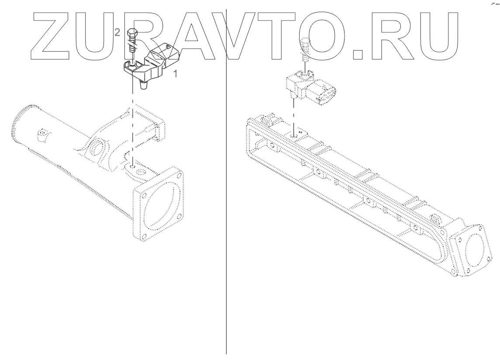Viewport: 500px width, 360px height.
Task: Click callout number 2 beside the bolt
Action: [117, 32]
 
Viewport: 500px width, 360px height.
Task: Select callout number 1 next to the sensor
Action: [175, 74]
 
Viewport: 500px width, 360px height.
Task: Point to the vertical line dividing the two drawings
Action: [226, 218]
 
